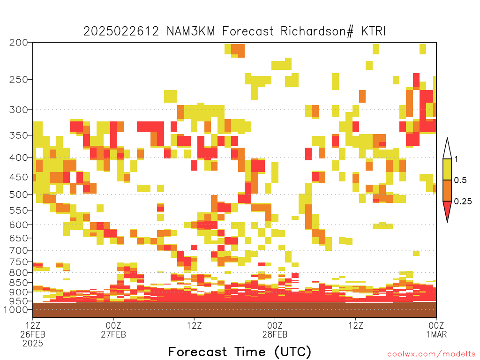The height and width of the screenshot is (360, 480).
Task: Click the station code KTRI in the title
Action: click(x=373, y=31)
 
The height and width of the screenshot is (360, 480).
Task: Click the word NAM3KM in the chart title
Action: click(x=191, y=31)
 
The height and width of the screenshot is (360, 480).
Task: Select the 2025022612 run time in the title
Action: click(x=121, y=31)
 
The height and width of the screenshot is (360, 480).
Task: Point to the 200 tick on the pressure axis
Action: click(x=19, y=43)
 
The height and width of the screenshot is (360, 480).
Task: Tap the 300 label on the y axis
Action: click(x=19, y=110)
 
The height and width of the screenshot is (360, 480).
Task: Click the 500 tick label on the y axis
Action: click(x=19, y=195)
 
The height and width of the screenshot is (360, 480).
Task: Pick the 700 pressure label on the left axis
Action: click(x=19, y=250)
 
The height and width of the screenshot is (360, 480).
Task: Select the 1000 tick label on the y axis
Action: click(x=16, y=309)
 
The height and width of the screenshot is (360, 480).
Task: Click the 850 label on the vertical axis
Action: click(x=19, y=283)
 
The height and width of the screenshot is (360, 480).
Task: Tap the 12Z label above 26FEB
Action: click(x=33, y=325)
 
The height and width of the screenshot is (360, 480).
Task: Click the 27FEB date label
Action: click(x=113, y=334)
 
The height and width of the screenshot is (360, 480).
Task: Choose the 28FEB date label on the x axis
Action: click(x=275, y=334)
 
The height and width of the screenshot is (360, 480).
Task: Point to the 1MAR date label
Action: click(x=436, y=334)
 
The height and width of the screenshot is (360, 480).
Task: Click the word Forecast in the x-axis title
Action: click(x=198, y=352)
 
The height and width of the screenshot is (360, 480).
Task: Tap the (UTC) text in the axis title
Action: click(x=293, y=352)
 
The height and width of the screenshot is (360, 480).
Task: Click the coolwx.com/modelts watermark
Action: click(x=432, y=354)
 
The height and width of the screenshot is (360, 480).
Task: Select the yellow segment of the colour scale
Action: click(x=447, y=169)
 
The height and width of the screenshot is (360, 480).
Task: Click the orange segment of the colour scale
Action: click(x=447, y=190)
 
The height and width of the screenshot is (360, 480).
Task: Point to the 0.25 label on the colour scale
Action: click(x=463, y=201)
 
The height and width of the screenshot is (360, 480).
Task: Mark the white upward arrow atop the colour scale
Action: click(x=447, y=149)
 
